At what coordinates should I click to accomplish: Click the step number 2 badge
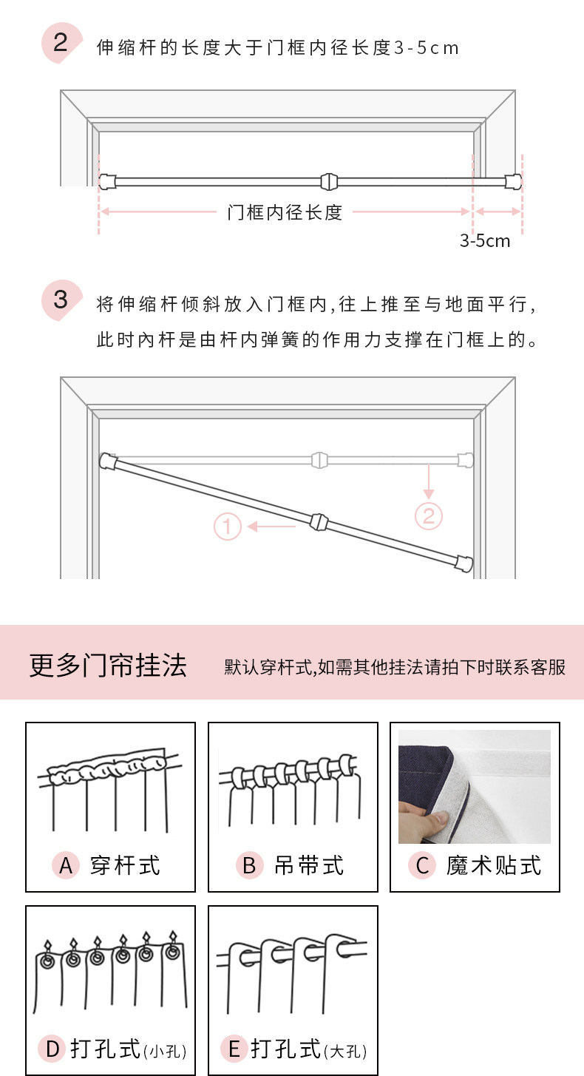[60, 42]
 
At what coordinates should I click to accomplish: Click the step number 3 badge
[60, 300]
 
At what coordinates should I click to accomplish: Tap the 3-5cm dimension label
[485, 240]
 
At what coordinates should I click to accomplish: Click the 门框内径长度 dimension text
[285, 212]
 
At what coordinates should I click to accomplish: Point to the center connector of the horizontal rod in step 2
[328, 180]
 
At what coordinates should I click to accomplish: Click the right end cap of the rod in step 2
[513, 180]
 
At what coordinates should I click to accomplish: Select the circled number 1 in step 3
[228, 527]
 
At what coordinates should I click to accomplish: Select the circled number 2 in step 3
[429, 515]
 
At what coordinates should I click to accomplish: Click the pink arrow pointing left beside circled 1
[271, 527]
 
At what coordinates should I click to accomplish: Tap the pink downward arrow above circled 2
[429, 481]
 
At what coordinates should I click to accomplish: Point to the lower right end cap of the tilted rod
[464, 564]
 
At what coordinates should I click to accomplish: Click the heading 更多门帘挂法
[108, 665]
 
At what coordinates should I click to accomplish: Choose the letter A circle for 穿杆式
[66, 864]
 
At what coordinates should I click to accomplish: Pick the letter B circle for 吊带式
[249, 864]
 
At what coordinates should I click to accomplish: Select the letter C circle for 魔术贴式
[422, 865]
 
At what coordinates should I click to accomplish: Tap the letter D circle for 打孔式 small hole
[52, 1049]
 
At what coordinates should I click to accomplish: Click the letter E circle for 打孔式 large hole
[234, 1049]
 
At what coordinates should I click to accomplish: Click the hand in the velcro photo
[424, 815]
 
